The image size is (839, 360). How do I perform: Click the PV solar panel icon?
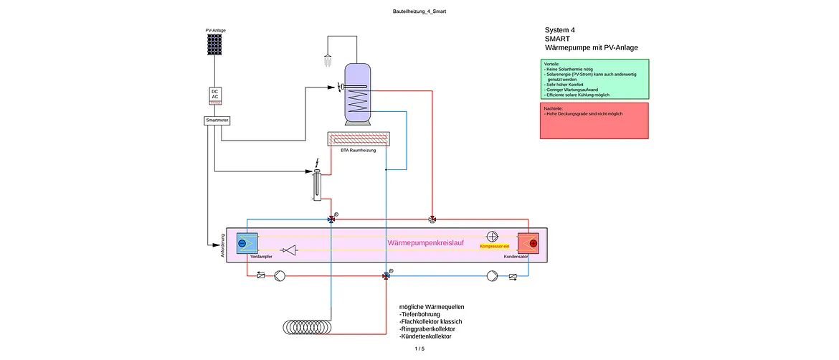pyautogui.click(x=215, y=44)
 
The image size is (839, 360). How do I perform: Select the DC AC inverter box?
pyautogui.click(x=214, y=96)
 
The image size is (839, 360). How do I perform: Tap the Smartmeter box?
pyautogui.click(x=217, y=121)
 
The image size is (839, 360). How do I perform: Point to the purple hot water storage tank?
pyautogui.click(x=357, y=94)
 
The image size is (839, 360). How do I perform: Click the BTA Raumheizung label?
pyautogui.click(x=358, y=151)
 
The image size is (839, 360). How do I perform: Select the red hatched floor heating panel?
pyautogui.click(x=358, y=139)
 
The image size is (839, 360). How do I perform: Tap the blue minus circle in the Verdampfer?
pyautogui.click(x=242, y=243)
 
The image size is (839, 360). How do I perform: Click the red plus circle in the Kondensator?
pyautogui.click(x=533, y=243)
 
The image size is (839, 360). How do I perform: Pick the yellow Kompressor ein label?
pyautogui.click(x=495, y=246)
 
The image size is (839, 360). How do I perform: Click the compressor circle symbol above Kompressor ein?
pyautogui.click(x=492, y=236)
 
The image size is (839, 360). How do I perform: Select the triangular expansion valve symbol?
pyautogui.click(x=290, y=250)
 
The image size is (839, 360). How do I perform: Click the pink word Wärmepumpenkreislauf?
pyautogui.click(x=425, y=243)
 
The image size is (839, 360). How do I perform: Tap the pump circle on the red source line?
pyautogui.click(x=280, y=276)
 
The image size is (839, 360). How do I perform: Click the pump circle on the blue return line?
pyautogui.click(x=492, y=276)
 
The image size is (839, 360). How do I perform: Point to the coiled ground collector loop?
pyautogui.click(x=307, y=326)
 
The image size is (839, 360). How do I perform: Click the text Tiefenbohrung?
pyautogui.click(x=419, y=315)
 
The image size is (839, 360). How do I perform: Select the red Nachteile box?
pyautogui.click(x=594, y=121)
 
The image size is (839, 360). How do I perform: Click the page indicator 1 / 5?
pyautogui.click(x=419, y=349)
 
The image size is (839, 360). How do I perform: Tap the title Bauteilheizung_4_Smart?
pyautogui.click(x=419, y=11)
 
